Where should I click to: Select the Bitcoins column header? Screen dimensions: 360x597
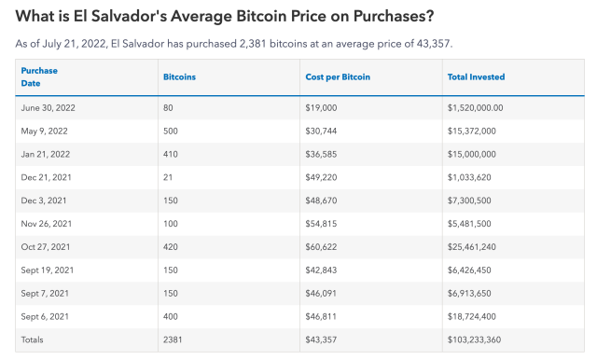[x=179, y=76]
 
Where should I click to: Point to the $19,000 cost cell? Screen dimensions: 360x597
[x=321, y=108]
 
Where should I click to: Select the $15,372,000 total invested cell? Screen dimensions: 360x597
[x=472, y=132]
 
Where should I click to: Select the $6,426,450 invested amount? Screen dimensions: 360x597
[x=470, y=270]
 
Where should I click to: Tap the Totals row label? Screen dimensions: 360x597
[x=33, y=339]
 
